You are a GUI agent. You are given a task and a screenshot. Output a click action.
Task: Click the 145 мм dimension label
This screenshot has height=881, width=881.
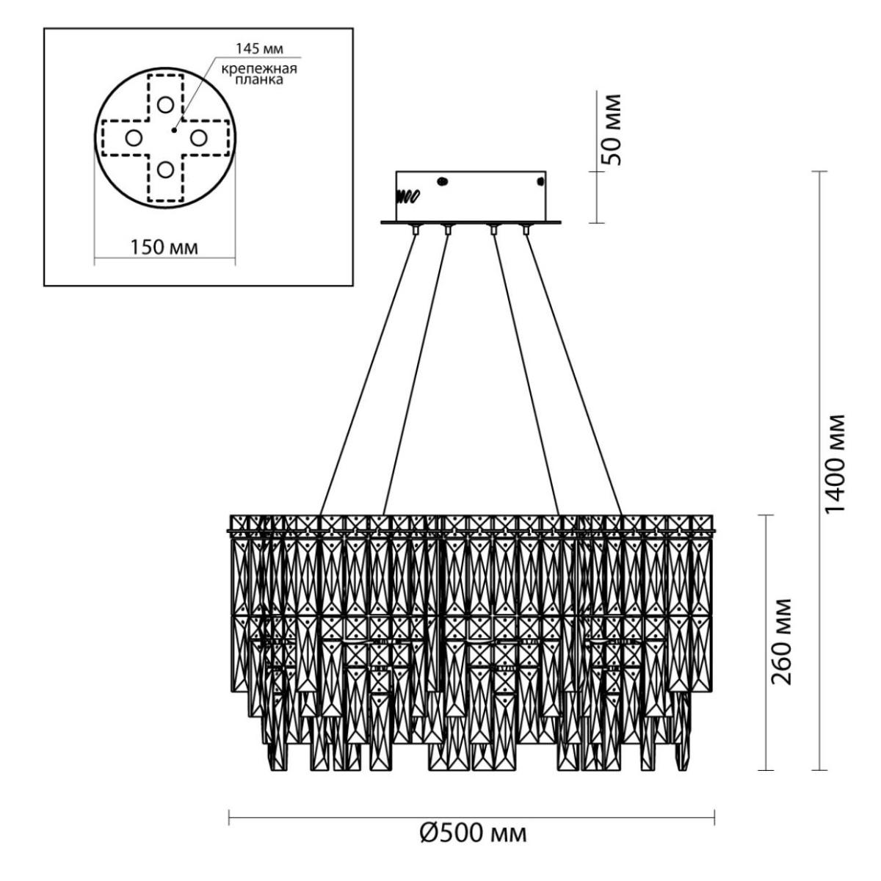(x=259, y=48)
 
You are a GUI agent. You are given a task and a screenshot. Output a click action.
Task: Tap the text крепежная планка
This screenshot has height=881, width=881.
(x=259, y=75)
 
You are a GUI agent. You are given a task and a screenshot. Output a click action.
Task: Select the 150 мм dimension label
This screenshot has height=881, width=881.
(x=164, y=247)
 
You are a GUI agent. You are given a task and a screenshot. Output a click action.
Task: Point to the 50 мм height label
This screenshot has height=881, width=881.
(x=612, y=129)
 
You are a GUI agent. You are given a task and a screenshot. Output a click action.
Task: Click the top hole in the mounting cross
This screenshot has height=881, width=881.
(x=165, y=105)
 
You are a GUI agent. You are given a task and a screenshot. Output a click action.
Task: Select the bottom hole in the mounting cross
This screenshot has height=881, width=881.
(x=165, y=170)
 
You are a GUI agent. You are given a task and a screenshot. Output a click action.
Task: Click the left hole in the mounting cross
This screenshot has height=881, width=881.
(x=134, y=137)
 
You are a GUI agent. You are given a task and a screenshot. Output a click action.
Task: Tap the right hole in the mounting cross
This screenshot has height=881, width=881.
(x=199, y=137)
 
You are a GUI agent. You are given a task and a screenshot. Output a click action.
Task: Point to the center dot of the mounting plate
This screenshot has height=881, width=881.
(x=174, y=131)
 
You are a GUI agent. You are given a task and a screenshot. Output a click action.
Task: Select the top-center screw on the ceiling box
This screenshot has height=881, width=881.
(x=442, y=181)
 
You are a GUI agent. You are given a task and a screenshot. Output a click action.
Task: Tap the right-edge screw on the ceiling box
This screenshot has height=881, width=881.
(x=541, y=181)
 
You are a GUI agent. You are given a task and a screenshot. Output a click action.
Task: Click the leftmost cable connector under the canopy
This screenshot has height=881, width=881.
(x=416, y=230)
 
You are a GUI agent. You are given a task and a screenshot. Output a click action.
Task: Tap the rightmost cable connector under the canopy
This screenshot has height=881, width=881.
(x=526, y=230)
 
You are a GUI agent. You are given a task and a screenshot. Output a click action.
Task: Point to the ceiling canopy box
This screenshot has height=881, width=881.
(x=471, y=197)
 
